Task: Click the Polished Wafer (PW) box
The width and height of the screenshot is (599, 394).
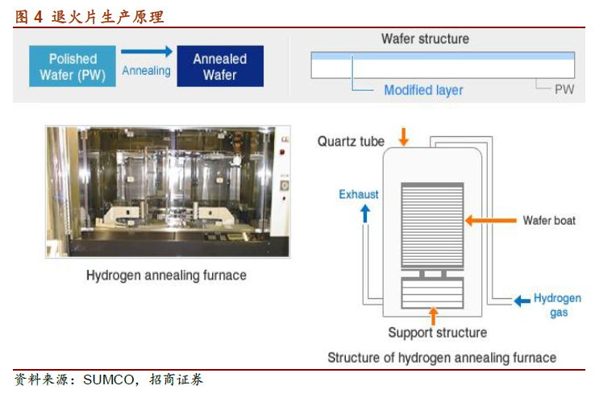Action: click(73, 66)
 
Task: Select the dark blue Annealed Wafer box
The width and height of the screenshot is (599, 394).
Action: click(220, 66)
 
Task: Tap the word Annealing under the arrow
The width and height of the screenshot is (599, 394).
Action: click(146, 71)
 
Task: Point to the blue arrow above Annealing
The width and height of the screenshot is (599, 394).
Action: click(147, 51)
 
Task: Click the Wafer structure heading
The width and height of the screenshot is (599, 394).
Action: click(425, 39)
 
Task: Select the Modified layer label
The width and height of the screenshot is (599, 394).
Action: click(423, 90)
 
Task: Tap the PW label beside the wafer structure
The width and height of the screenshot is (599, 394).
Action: click(564, 89)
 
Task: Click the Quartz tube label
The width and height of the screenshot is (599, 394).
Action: click(351, 141)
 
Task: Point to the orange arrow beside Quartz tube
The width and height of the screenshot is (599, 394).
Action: click(403, 137)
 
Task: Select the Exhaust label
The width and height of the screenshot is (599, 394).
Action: click(358, 194)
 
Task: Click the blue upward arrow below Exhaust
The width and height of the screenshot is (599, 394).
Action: click(365, 214)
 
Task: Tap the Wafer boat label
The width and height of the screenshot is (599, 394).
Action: click(549, 220)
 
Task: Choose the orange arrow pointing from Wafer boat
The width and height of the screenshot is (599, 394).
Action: click(490, 220)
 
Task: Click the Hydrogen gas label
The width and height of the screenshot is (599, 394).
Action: click(558, 305)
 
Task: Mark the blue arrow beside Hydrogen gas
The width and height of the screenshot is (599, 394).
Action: click(522, 301)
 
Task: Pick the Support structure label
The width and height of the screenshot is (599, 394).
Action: click(438, 333)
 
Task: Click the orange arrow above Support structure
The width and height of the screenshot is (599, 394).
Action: click(433, 315)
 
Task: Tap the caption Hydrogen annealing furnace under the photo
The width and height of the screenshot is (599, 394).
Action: click(166, 276)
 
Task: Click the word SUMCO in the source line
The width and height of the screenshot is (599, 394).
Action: click(109, 379)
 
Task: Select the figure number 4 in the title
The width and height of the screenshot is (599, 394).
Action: click(38, 17)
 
